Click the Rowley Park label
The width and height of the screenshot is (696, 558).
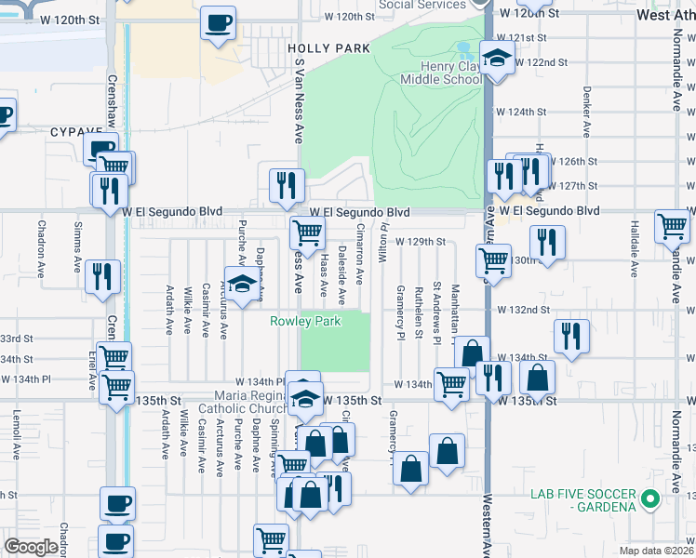pos(306,322)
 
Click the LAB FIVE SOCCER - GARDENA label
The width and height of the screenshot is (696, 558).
pos(582,499)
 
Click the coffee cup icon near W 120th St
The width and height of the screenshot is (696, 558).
pos(219,22)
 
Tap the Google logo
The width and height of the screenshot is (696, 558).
pos(31,547)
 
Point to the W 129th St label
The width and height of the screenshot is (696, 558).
pos(421,242)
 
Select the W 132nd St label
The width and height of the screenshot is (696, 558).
pos(524,309)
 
